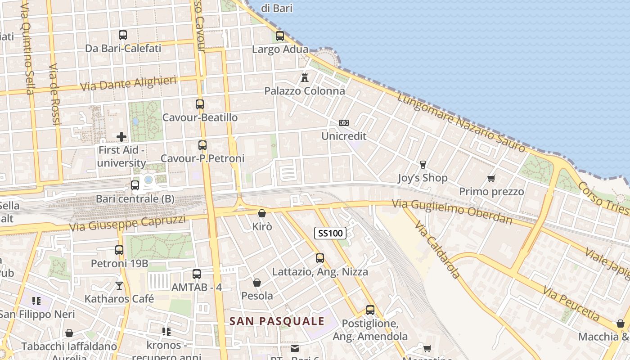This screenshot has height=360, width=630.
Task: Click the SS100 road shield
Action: (330, 233)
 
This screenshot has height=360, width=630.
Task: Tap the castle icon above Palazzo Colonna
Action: (305, 77)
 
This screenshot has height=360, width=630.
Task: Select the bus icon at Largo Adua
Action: (280, 36)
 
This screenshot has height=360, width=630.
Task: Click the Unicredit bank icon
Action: (344, 123)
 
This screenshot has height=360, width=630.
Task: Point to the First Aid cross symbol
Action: (121, 137)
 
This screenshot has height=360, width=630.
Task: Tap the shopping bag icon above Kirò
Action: (262, 213)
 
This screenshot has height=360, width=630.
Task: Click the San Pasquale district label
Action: (277, 321)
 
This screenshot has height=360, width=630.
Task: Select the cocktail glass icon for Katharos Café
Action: (119, 286)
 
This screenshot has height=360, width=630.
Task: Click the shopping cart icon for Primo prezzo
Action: (491, 179)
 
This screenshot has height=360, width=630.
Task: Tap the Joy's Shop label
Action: (423, 178)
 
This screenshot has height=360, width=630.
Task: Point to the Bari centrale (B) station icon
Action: (135, 185)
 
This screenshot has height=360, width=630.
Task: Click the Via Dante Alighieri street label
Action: (128, 83)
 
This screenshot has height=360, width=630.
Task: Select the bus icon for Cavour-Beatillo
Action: (200, 104)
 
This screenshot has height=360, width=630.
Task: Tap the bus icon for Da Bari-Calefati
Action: (123, 35)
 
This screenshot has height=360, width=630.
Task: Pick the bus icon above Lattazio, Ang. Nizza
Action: (320, 258)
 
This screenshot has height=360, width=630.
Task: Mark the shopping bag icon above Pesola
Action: (257, 283)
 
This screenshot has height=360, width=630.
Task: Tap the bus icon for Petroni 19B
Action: (119, 250)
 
